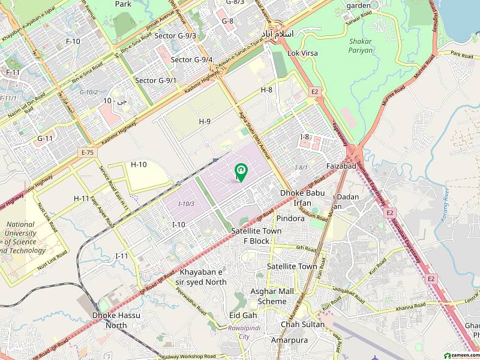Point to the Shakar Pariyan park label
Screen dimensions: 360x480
coord(360,46)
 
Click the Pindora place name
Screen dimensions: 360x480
coord(291,218)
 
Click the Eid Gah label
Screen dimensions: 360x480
coord(243,316)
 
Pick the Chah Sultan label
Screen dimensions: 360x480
coord(303,325)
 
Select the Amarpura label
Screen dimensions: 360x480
coord(298,340)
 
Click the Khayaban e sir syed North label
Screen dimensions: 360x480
coord(203,277)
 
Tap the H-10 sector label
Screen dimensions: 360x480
coord(139,164)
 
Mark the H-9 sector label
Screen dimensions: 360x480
coord(205,121)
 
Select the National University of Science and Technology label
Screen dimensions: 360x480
coord(25,238)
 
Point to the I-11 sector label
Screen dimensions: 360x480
coord(122,256)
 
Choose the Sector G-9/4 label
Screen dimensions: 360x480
coord(191,59)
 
